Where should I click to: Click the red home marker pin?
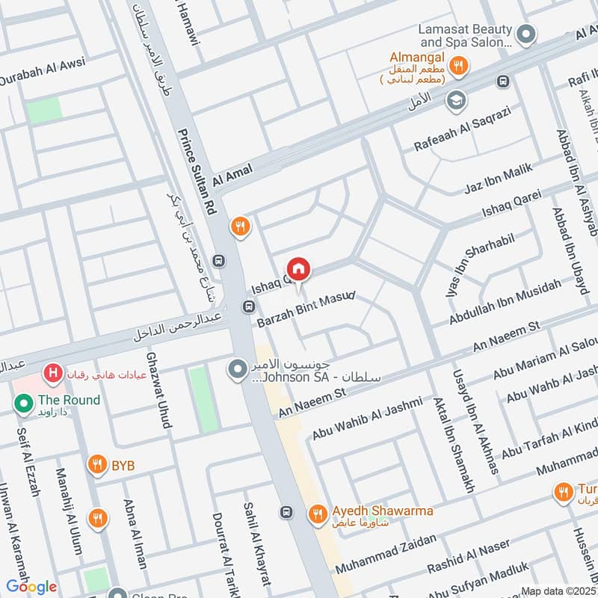pyautogui.click(x=298, y=269)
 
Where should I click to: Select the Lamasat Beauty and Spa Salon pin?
pyautogui.click(x=527, y=34)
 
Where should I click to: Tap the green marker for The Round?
pyautogui.click(x=22, y=404)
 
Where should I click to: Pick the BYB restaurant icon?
pyautogui.click(x=96, y=466)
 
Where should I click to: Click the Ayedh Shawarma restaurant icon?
pyautogui.click(x=317, y=513)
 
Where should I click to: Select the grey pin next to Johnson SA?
pyautogui.click(x=238, y=369)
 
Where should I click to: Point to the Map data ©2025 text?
pyautogui.click(x=558, y=591)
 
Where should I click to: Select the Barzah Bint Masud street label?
pyautogui.click(x=306, y=308)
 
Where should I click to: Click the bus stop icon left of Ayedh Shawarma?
pyautogui.click(x=286, y=512)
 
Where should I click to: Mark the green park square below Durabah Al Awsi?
pyautogui.click(x=44, y=111)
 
